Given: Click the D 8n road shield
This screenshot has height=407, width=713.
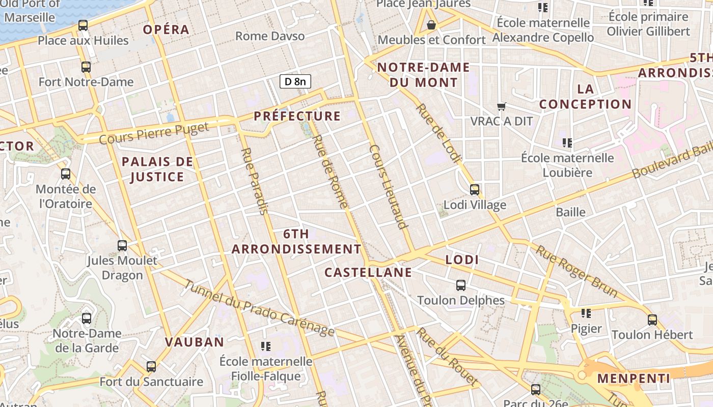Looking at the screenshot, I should [295, 81].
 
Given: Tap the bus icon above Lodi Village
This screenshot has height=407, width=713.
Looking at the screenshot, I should [475, 190].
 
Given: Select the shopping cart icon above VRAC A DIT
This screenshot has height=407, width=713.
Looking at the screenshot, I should [502, 106].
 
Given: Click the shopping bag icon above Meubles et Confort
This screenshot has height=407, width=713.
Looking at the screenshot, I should [431, 24].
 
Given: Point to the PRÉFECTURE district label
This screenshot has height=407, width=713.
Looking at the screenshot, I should [297, 116].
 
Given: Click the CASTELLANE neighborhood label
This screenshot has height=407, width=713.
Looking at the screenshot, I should [368, 272].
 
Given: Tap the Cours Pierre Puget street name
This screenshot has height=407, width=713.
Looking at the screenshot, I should [154, 133].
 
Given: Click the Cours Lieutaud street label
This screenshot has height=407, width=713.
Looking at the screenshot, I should [389, 187].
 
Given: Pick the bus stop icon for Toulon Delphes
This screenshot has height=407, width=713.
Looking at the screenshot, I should [461, 285].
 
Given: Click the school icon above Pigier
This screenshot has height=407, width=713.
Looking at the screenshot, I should [586, 313].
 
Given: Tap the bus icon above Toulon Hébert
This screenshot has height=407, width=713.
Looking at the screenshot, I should [652, 320].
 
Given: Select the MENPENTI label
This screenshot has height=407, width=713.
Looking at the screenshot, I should [634, 379].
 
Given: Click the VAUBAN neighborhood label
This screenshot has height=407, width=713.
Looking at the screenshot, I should [195, 342].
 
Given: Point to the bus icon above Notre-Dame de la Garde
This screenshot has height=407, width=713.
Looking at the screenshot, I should [87, 318].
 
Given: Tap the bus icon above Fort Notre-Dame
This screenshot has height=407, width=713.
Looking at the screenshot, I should [86, 67].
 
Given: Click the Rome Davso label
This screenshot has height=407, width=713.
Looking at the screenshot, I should [270, 36].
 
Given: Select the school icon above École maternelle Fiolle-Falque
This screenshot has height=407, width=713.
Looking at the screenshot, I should [265, 346].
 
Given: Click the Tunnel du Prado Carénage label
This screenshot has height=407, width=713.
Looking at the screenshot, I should [259, 308].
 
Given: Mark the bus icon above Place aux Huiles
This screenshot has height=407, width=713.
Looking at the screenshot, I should [83, 25].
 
